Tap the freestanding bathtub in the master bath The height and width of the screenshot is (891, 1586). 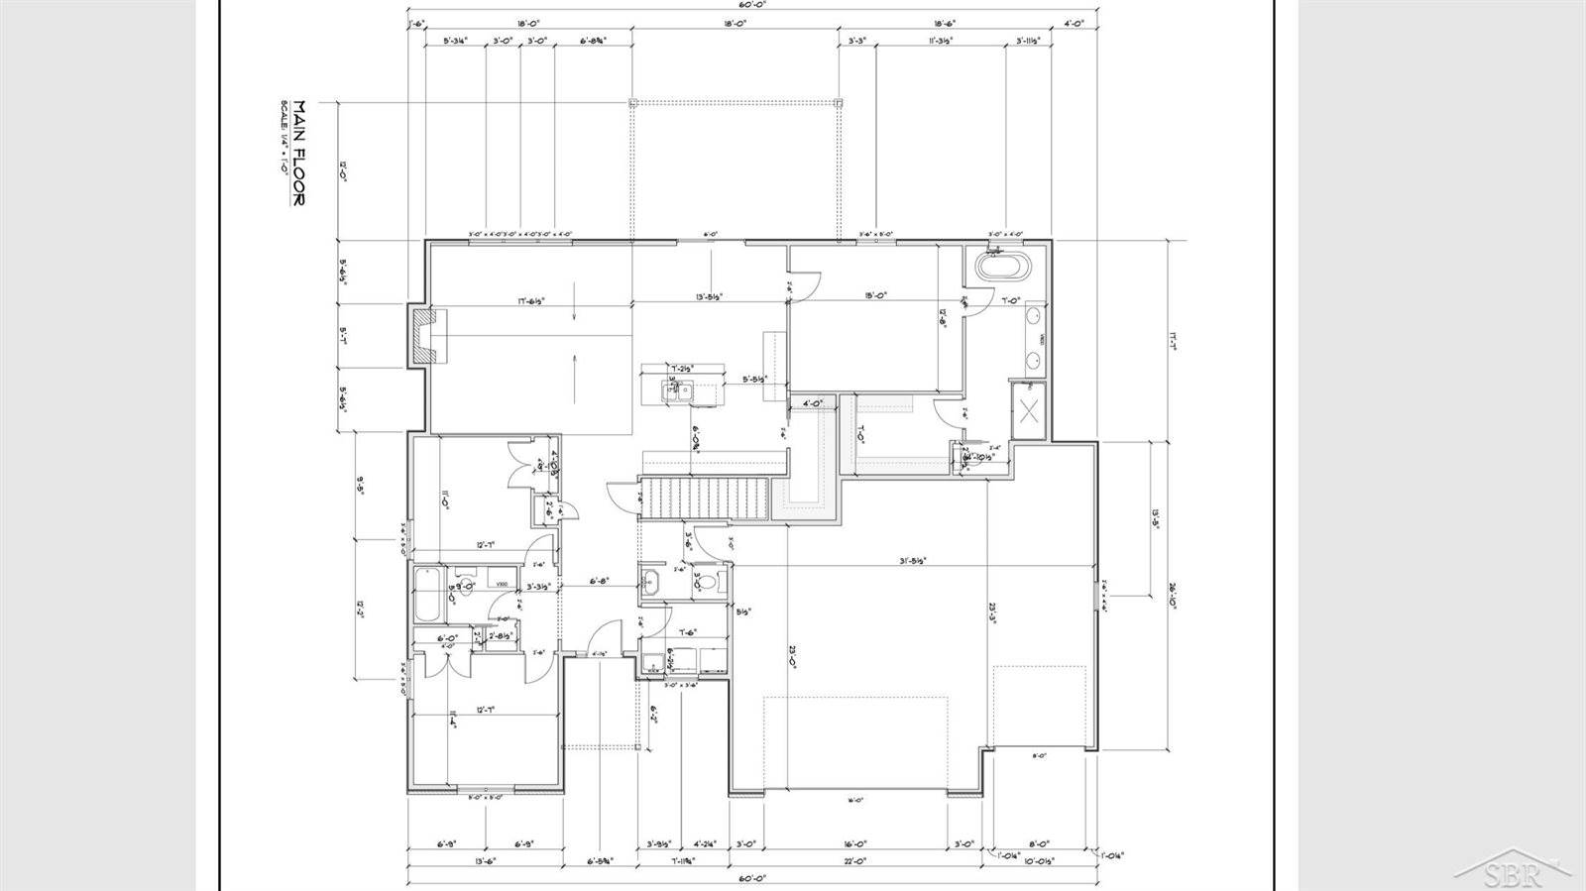[x=1003, y=267]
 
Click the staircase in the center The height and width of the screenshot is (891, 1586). [x=704, y=497]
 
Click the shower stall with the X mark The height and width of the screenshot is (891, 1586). [x=1028, y=409]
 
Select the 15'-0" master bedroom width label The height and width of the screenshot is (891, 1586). [x=874, y=294]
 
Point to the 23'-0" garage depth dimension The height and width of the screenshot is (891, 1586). [x=793, y=657]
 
